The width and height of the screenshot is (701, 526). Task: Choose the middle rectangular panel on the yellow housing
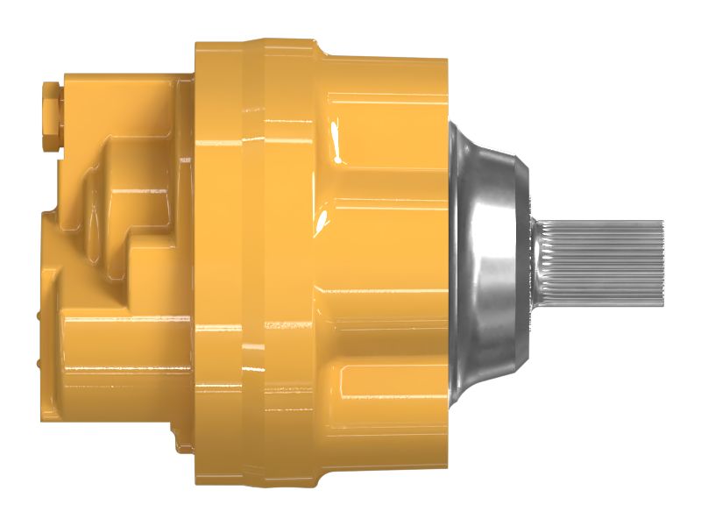point(386,263)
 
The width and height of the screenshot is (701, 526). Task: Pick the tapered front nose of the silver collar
point(522,263)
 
